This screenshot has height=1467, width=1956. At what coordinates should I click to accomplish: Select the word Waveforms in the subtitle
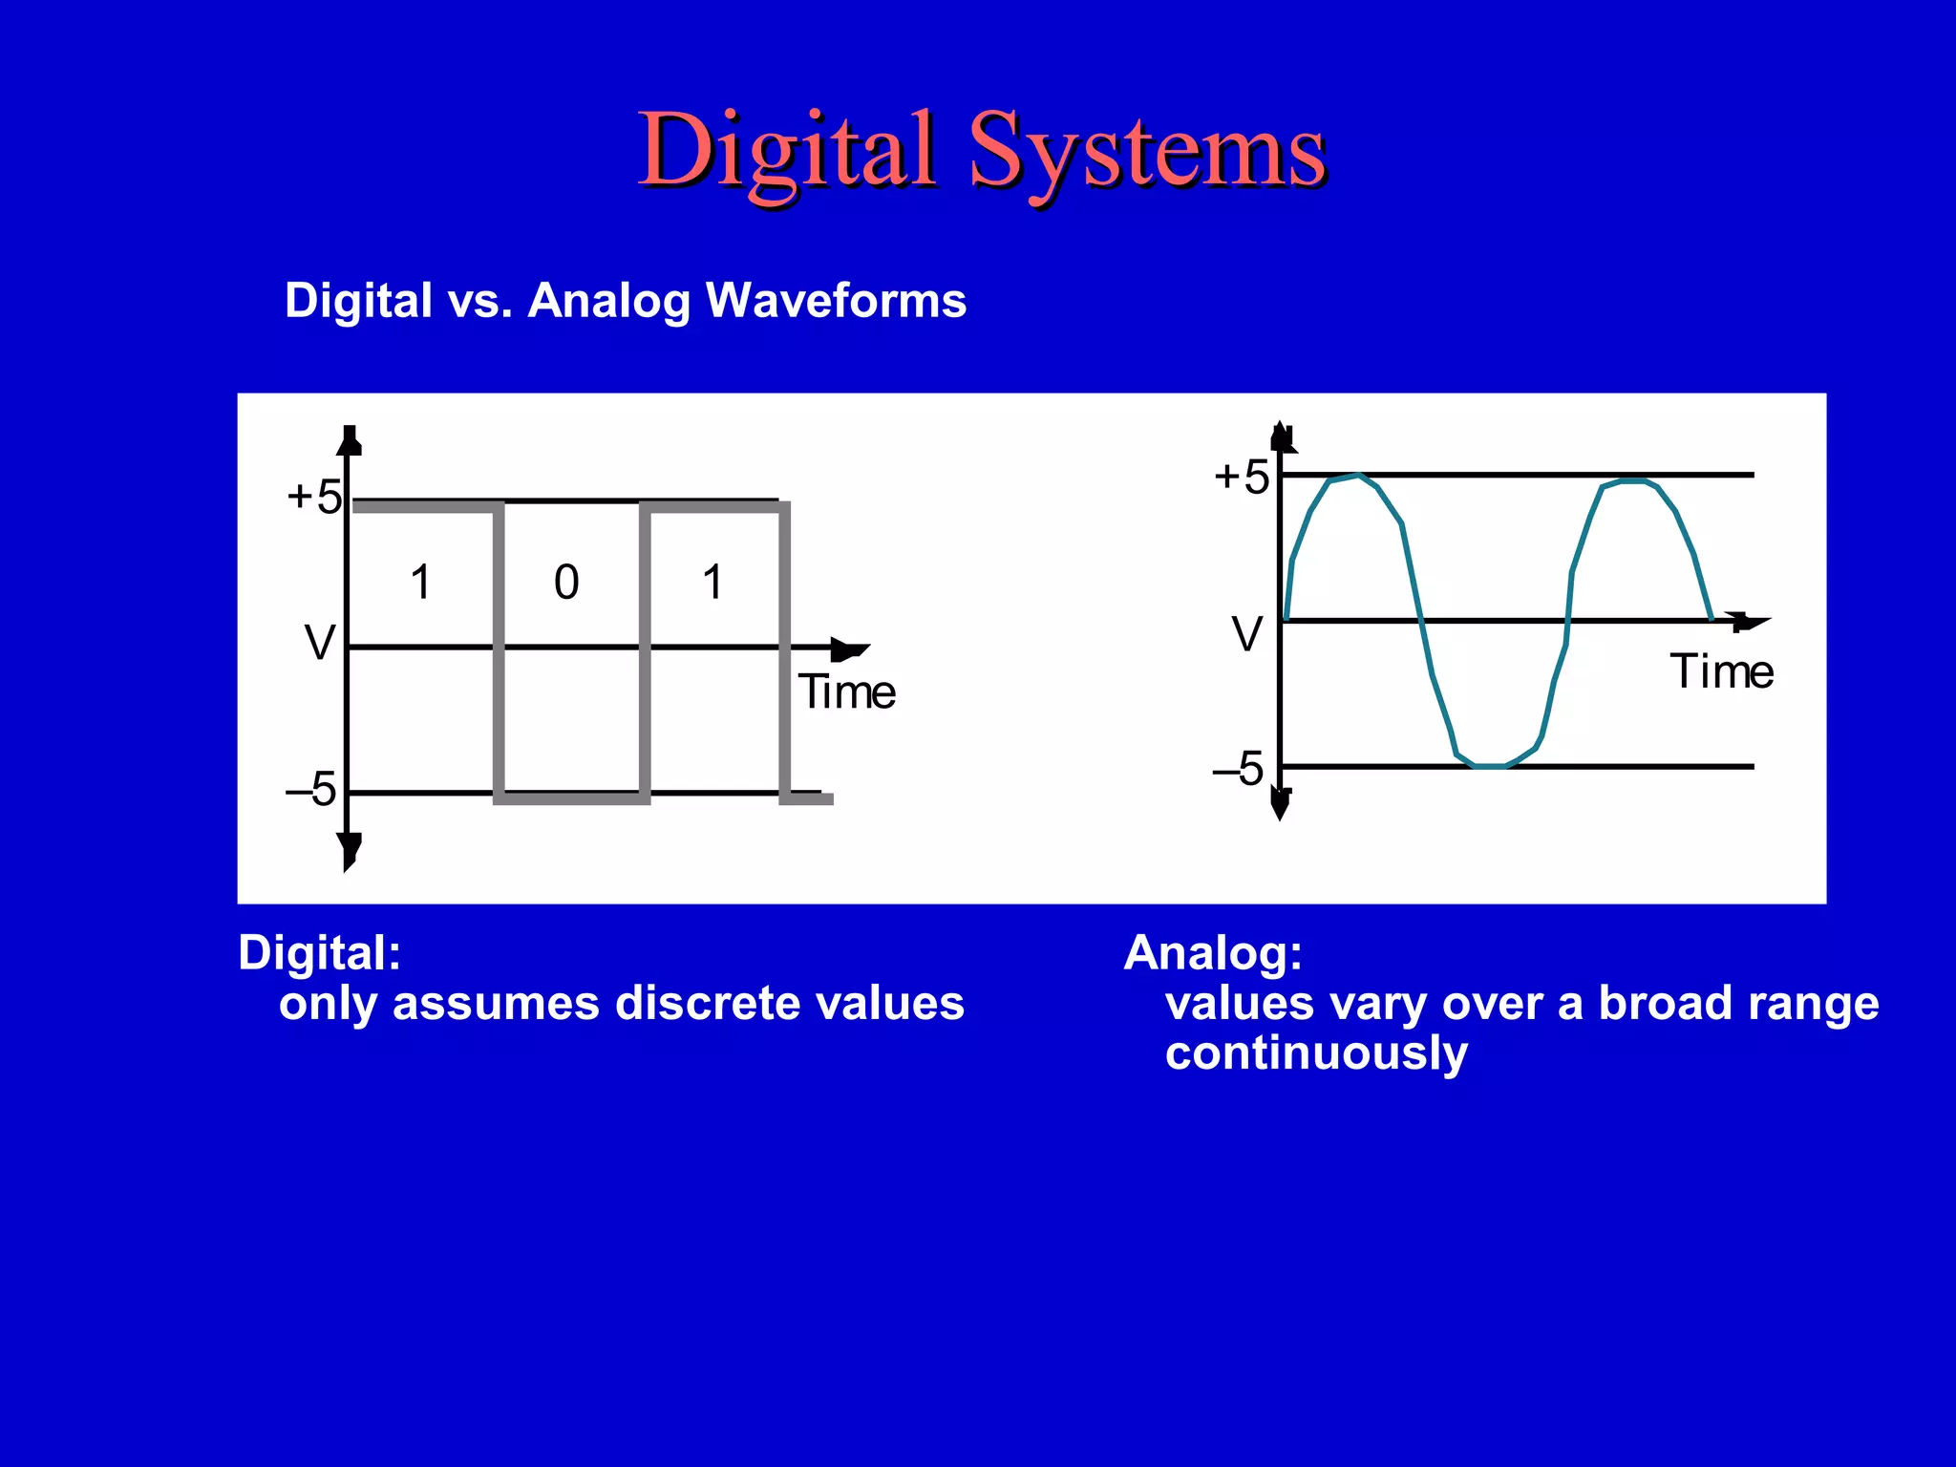pyautogui.click(x=836, y=301)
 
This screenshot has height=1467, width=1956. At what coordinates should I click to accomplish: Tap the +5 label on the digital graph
pyautogui.click(x=314, y=498)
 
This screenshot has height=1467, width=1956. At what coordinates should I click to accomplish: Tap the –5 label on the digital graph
pyautogui.click(x=311, y=790)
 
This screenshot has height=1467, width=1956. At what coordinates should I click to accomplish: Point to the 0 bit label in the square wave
pyautogui.click(x=566, y=582)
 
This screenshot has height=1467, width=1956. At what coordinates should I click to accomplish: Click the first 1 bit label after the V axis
pyautogui.click(x=420, y=582)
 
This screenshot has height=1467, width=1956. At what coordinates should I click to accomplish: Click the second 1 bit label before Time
pyautogui.click(x=712, y=582)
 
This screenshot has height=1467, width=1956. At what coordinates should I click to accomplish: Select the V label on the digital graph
pyautogui.click(x=320, y=643)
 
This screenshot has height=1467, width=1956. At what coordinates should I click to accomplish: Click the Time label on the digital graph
pyautogui.click(x=847, y=692)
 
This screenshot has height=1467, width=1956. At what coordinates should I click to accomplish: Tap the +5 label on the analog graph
pyautogui.click(x=1241, y=477)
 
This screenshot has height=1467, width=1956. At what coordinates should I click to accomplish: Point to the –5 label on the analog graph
pyautogui.click(x=1239, y=769)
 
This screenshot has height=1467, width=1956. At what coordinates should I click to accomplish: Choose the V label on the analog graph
pyautogui.click(x=1246, y=634)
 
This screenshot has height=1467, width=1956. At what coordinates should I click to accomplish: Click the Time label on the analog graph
pyautogui.click(x=1721, y=671)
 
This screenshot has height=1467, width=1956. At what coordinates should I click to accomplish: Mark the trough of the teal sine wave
pyautogui.click(x=1490, y=765)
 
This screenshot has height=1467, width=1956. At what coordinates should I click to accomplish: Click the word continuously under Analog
pyautogui.click(x=1316, y=1053)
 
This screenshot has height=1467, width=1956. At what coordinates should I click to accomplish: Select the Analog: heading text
pyautogui.click(x=1213, y=953)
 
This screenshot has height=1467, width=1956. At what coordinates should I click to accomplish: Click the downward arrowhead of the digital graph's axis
pyautogui.click(x=350, y=850)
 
